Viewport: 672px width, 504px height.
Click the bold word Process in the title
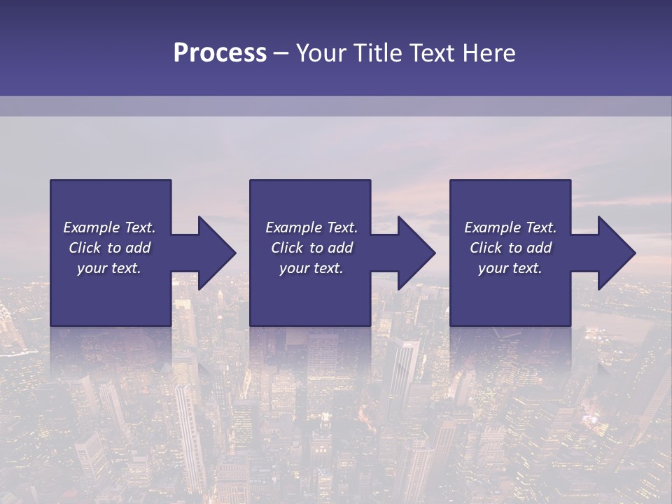tap(220, 53)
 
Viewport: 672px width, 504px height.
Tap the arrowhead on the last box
tap(617, 253)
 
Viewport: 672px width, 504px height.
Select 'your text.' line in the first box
tap(109, 268)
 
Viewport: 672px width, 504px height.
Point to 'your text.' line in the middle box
tap(311, 268)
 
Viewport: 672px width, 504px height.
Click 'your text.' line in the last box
tap(510, 268)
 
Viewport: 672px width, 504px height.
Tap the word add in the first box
tap(138, 248)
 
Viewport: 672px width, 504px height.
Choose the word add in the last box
tap(539, 248)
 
